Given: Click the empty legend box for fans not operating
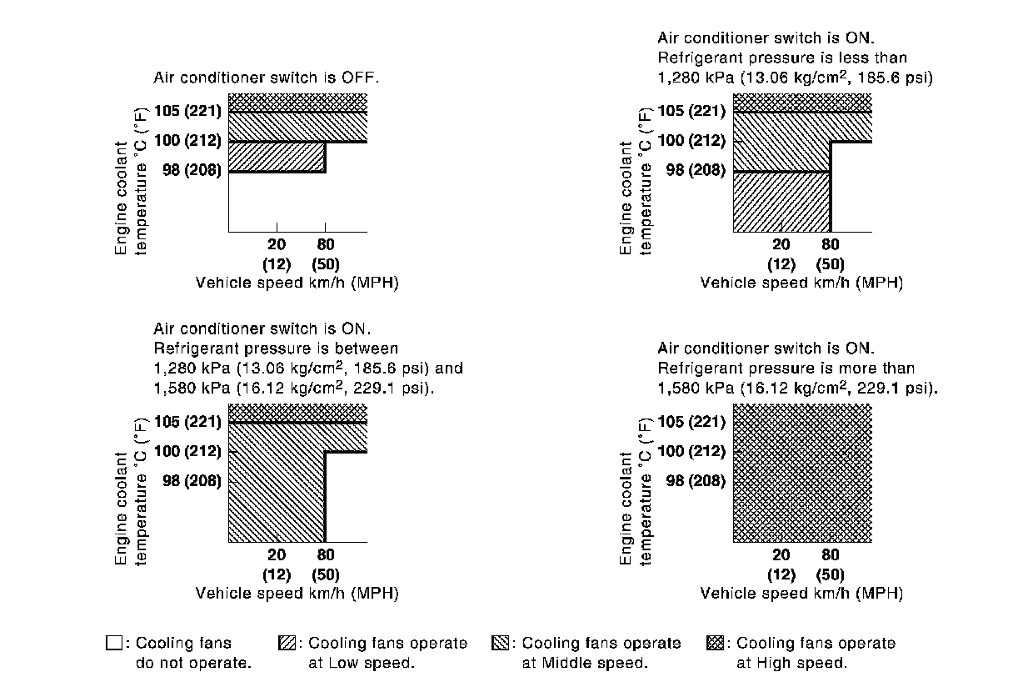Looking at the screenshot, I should pos(114,643).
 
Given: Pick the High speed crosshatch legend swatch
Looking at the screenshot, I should pos(715,643).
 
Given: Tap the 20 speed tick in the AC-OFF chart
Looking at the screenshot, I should pos(277,244).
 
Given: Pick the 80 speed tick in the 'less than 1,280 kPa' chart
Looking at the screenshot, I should pos(831,244).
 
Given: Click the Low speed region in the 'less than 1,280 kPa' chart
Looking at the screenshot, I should pos(781,202).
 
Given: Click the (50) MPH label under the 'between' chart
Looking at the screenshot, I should pos(325,574).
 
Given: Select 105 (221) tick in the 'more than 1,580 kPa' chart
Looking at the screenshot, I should pos(691,421).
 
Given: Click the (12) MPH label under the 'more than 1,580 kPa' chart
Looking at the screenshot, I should pos(781,574).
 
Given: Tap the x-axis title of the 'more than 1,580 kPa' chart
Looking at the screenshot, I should pos(801,594).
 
